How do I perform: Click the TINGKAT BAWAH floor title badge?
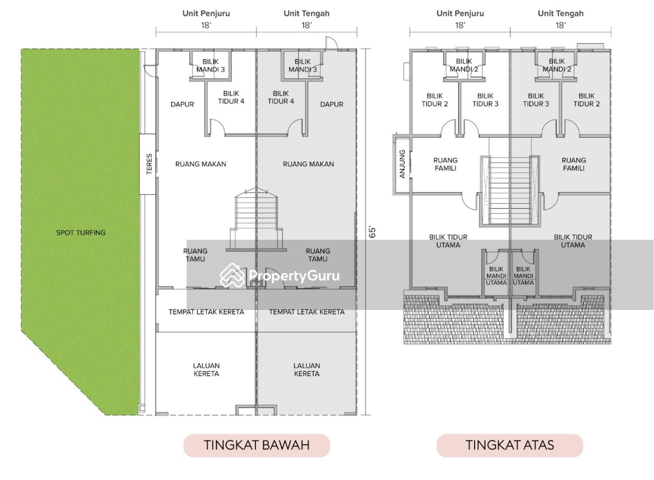point(256,445)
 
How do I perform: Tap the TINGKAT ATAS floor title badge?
point(510,445)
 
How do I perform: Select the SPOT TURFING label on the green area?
point(81,233)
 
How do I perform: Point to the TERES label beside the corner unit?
point(149,164)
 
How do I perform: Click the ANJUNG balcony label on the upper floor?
point(402,164)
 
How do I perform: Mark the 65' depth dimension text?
point(372,232)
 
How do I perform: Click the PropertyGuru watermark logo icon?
point(232,276)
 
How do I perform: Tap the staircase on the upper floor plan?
point(510,191)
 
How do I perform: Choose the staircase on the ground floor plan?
point(256,218)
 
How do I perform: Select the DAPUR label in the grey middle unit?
point(331,104)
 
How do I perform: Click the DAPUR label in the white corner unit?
point(182,104)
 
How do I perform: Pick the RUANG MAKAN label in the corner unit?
point(201,164)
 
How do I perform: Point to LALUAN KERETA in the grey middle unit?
point(307,370)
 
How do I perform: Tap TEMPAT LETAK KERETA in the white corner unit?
point(206,312)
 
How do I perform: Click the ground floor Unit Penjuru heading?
point(206,13)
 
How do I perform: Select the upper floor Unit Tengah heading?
point(560,13)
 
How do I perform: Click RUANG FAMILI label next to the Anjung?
point(445,164)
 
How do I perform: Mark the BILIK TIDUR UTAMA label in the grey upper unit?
point(573,241)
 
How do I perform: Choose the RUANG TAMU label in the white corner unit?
point(195,255)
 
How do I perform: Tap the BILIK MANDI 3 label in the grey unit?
point(303,65)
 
